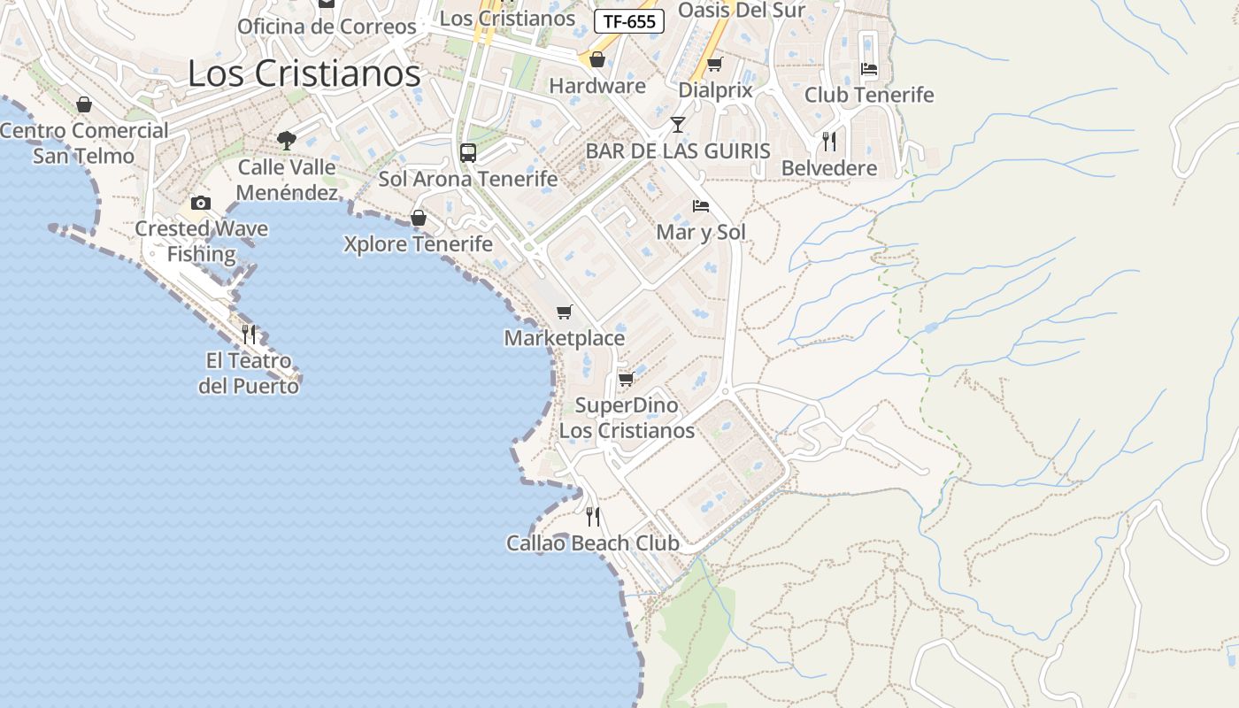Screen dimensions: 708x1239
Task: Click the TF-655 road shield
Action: tap(628, 22)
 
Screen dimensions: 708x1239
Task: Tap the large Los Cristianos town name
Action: tap(304, 73)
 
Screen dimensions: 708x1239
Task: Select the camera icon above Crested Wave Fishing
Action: tap(201, 204)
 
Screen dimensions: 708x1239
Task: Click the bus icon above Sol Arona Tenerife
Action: tap(468, 152)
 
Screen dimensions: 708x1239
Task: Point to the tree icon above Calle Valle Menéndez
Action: tap(286, 140)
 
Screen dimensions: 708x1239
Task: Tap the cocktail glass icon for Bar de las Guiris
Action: tap(678, 124)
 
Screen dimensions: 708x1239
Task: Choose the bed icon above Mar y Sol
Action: tap(701, 206)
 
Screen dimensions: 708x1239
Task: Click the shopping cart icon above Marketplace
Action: tap(564, 312)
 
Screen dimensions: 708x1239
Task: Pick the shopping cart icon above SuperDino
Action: tap(626, 379)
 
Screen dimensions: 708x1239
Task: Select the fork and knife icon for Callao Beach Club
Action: tap(593, 516)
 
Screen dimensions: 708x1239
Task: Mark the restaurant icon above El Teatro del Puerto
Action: tap(249, 334)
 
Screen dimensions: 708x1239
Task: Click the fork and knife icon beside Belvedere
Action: tap(828, 141)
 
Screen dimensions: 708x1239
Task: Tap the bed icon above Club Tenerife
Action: tap(869, 68)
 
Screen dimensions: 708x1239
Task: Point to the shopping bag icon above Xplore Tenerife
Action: tap(419, 218)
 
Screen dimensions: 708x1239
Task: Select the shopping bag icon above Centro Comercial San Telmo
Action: tap(84, 104)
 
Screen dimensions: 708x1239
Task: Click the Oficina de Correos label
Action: tap(327, 27)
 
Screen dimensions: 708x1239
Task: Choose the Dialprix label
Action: tap(715, 89)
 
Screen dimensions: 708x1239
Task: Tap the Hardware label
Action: tap(597, 86)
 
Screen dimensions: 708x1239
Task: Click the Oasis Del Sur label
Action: tap(741, 10)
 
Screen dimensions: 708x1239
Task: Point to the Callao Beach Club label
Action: tap(592, 543)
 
